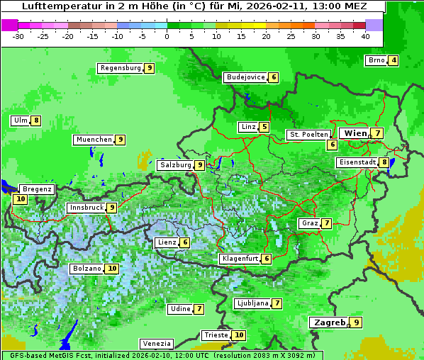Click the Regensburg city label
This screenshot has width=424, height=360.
[120, 68]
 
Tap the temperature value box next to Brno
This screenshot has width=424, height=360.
[393, 60]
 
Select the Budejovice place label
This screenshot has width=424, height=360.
[245, 77]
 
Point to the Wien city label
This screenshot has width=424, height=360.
[355, 133]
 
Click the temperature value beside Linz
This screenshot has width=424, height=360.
[264, 128]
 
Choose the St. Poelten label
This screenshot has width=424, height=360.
[308, 134]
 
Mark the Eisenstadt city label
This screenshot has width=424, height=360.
[357, 162]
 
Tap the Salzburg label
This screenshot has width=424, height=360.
[175, 165]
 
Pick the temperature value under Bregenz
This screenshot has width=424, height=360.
[20, 199]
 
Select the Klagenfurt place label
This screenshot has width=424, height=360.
[239, 259]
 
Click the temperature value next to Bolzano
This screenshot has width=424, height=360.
[112, 269]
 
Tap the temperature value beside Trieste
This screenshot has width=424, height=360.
[239, 335]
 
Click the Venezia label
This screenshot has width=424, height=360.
[156, 343]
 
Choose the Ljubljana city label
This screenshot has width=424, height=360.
[252, 303]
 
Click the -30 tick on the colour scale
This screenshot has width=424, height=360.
[18, 35]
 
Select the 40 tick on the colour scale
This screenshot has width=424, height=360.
[365, 35]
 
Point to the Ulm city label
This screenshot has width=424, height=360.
[20, 120]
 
